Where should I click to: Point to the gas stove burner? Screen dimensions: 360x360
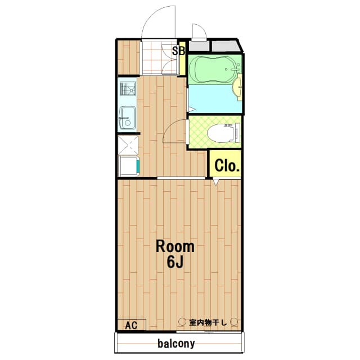pyautogui.click(x=127, y=89)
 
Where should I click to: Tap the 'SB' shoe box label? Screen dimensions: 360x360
pyautogui.click(x=178, y=51)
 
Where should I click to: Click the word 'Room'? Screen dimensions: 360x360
pyautogui.click(x=175, y=246)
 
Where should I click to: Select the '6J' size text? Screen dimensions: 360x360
pyautogui.click(x=175, y=262)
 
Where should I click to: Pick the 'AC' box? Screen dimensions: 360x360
pyautogui.click(x=131, y=325)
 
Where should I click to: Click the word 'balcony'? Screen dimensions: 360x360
pyautogui.click(x=176, y=343)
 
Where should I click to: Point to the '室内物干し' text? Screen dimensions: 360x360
pyautogui.click(x=208, y=322)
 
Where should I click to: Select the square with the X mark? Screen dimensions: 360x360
pyautogui.click(x=128, y=145)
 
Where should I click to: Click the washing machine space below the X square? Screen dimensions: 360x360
pyautogui.click(x=129, y=165)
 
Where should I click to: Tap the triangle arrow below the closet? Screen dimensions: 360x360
pyautogui.click(x=216, y=182)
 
